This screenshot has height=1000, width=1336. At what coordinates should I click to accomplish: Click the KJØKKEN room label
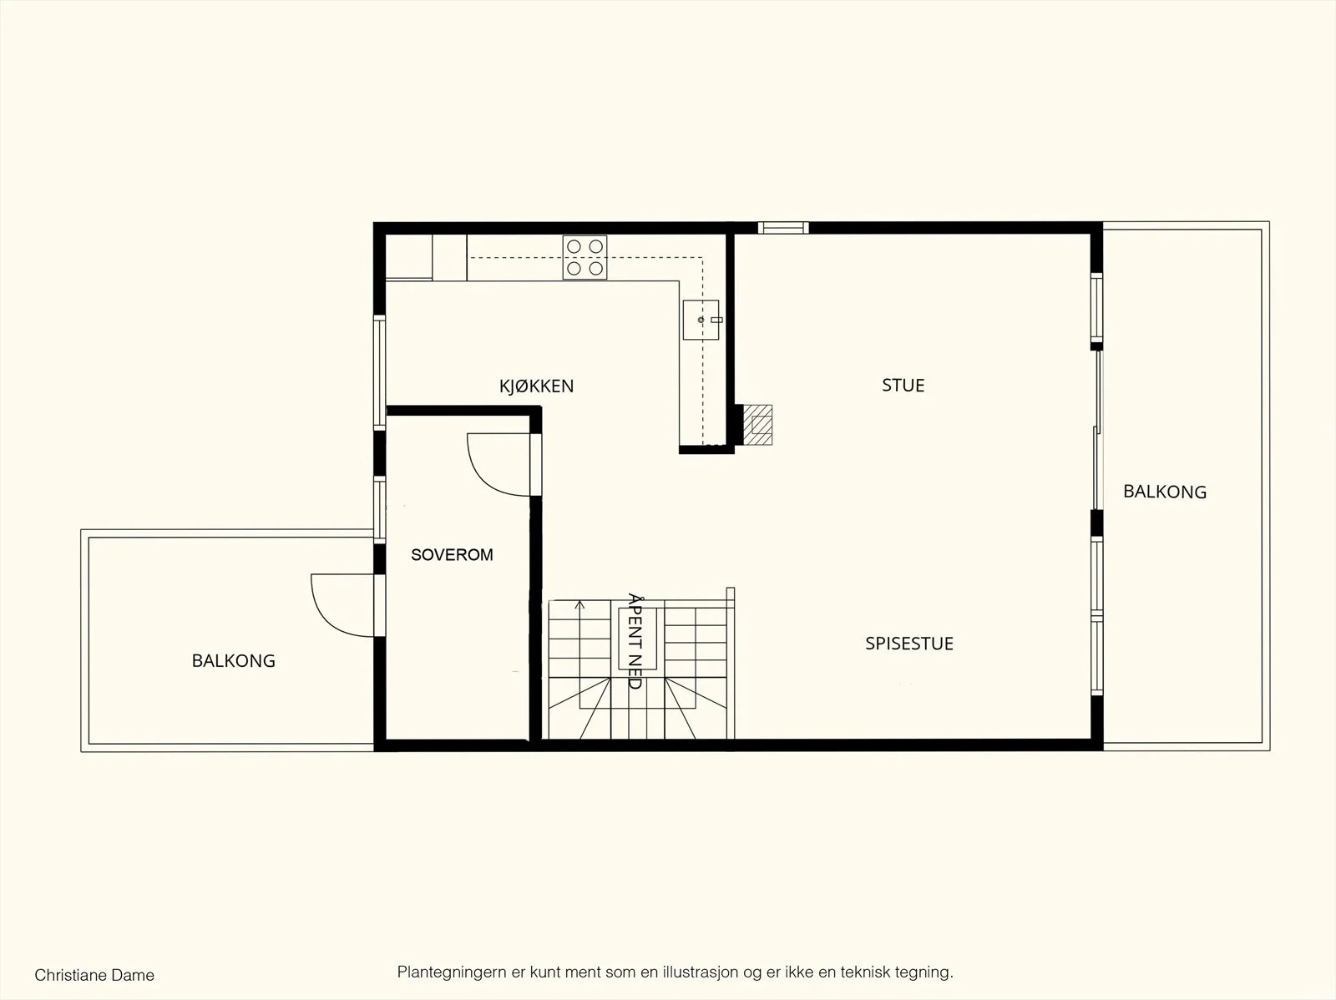click(x=536, y=386)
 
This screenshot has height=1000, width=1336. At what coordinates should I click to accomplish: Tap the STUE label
click(x=903, y=385)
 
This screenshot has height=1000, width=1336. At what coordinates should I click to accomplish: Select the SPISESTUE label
click(x=909, y=644)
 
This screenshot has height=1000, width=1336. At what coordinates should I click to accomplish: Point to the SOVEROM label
click(x=452, y=555)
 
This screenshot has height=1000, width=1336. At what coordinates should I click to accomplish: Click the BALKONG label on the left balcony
click(x=234, y=660)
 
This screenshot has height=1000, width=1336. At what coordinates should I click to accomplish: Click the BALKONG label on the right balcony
click(x=1165, y=492)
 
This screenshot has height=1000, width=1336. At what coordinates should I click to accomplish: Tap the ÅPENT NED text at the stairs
click(x=635, y=641)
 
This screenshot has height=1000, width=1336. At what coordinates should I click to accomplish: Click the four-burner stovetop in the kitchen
click(x=585, y=257)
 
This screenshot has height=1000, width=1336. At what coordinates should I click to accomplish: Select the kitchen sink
click(x=701, y=320)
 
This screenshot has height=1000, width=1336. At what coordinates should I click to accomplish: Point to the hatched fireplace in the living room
click(x=758, y=425)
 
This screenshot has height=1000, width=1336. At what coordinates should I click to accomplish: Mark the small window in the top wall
click(x=783, y=228)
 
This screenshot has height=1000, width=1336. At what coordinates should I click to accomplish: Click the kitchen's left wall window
click(x=379, y=372)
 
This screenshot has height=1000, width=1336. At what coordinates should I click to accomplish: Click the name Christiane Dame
click(x=94, y=975)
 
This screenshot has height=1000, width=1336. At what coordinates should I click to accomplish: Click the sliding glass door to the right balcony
click(x=1097, y=430)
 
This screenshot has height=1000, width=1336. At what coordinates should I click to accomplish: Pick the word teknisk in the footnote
click(x=865, y=972)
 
